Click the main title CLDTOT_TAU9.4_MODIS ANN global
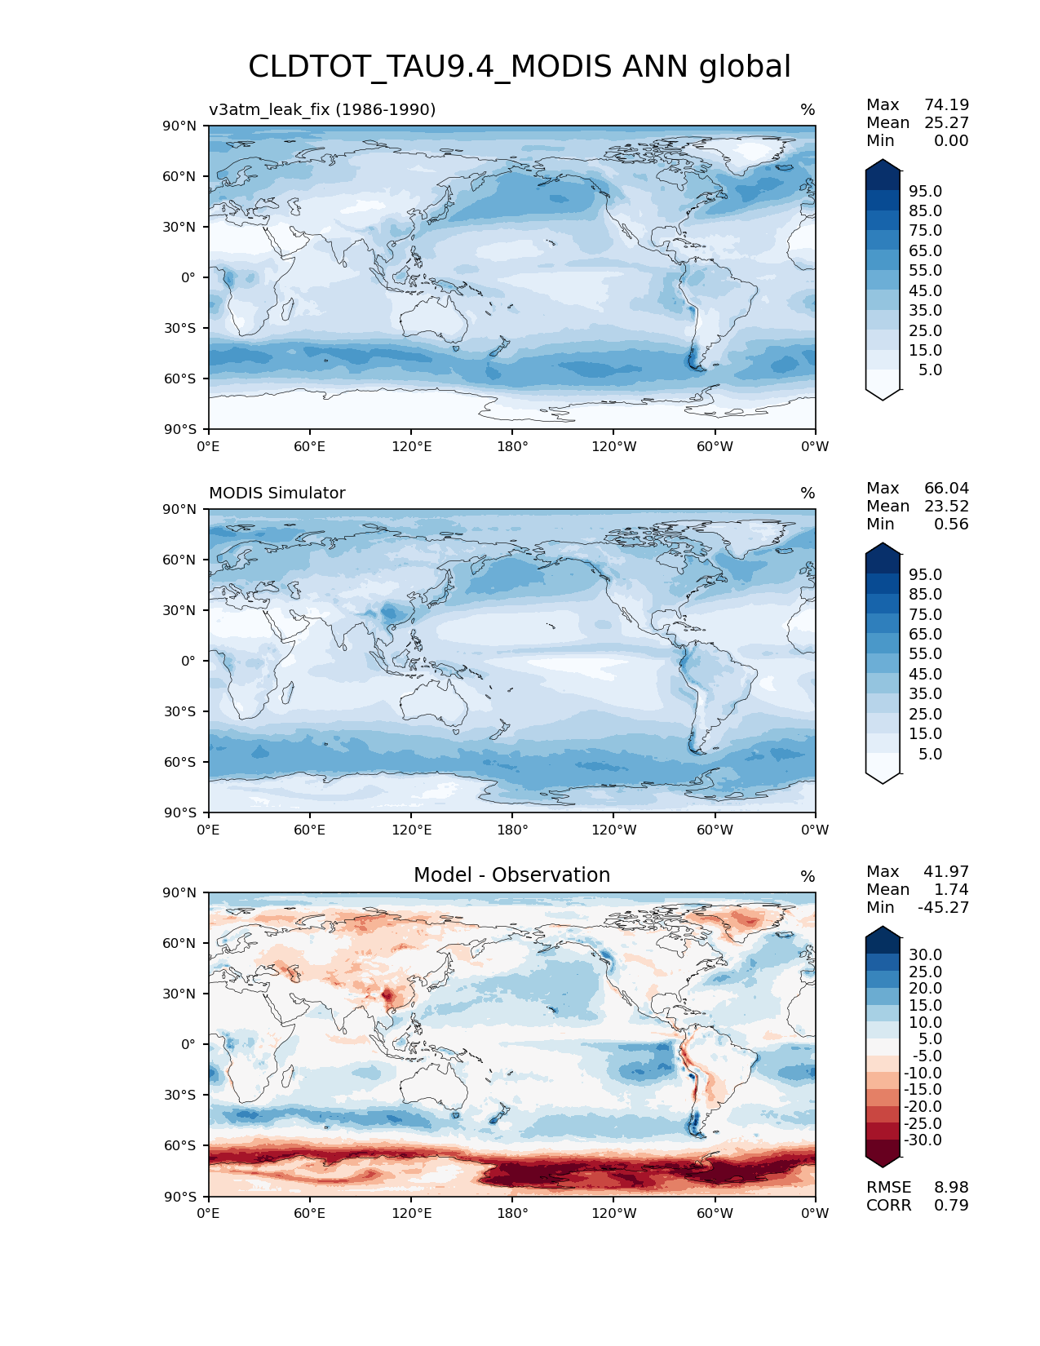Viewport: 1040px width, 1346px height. pos(520,67)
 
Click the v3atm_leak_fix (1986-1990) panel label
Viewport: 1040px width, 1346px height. pos(322,109)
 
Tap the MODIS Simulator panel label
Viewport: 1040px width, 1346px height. pos(277,493)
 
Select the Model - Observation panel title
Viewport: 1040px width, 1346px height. pos(511,875)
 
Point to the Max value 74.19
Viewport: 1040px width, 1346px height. pos(946,104)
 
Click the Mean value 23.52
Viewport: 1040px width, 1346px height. pos(946,506)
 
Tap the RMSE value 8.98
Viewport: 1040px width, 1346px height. pos(951,1187)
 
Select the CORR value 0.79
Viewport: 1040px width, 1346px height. pos(951,1205)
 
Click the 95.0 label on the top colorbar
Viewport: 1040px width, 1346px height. pos(926,191)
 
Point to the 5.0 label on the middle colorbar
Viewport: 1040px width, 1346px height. pos(930,754)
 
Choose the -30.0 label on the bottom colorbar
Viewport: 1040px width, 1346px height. pos(923,1140)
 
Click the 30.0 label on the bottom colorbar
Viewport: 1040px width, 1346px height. pos(926,954)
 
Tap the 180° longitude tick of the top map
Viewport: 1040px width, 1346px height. pos(512,446)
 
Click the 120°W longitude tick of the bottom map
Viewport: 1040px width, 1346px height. pos(614,1213)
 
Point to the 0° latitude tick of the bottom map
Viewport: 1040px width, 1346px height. pos(188,1044)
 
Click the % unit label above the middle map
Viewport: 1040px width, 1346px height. pos(808,493)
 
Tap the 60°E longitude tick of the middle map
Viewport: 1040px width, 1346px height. pos(310,830)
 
